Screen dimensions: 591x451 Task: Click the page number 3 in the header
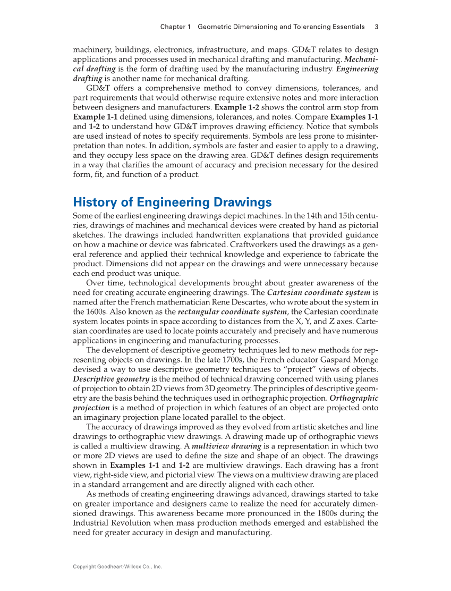tap(376, 27)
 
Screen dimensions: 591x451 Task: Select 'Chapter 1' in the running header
tap(175, 27)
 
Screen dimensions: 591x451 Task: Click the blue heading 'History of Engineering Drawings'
tap(172, 202)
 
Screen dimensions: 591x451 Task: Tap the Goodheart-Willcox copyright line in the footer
tap(117, 567)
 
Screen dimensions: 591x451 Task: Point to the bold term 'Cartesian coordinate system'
tap(312, 292)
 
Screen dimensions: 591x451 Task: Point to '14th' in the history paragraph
tap(300, 215)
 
